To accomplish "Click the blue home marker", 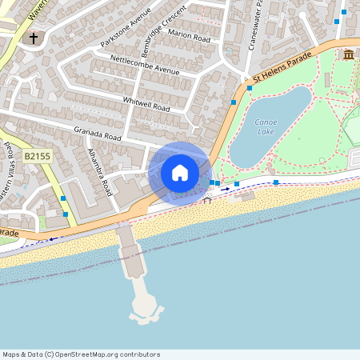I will click(x=180, y=173).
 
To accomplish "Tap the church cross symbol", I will click(x=34, y=38).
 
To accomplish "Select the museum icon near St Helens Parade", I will click(x=349, y=54).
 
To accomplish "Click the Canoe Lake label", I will click(x=266, y=126).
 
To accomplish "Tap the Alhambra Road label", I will click(x=99, y=172).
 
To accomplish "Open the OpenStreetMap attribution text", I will click(x=82, y=354).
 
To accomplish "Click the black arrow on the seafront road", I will click(x=225, y=190).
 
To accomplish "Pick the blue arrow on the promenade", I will click(x=54, y=238).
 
